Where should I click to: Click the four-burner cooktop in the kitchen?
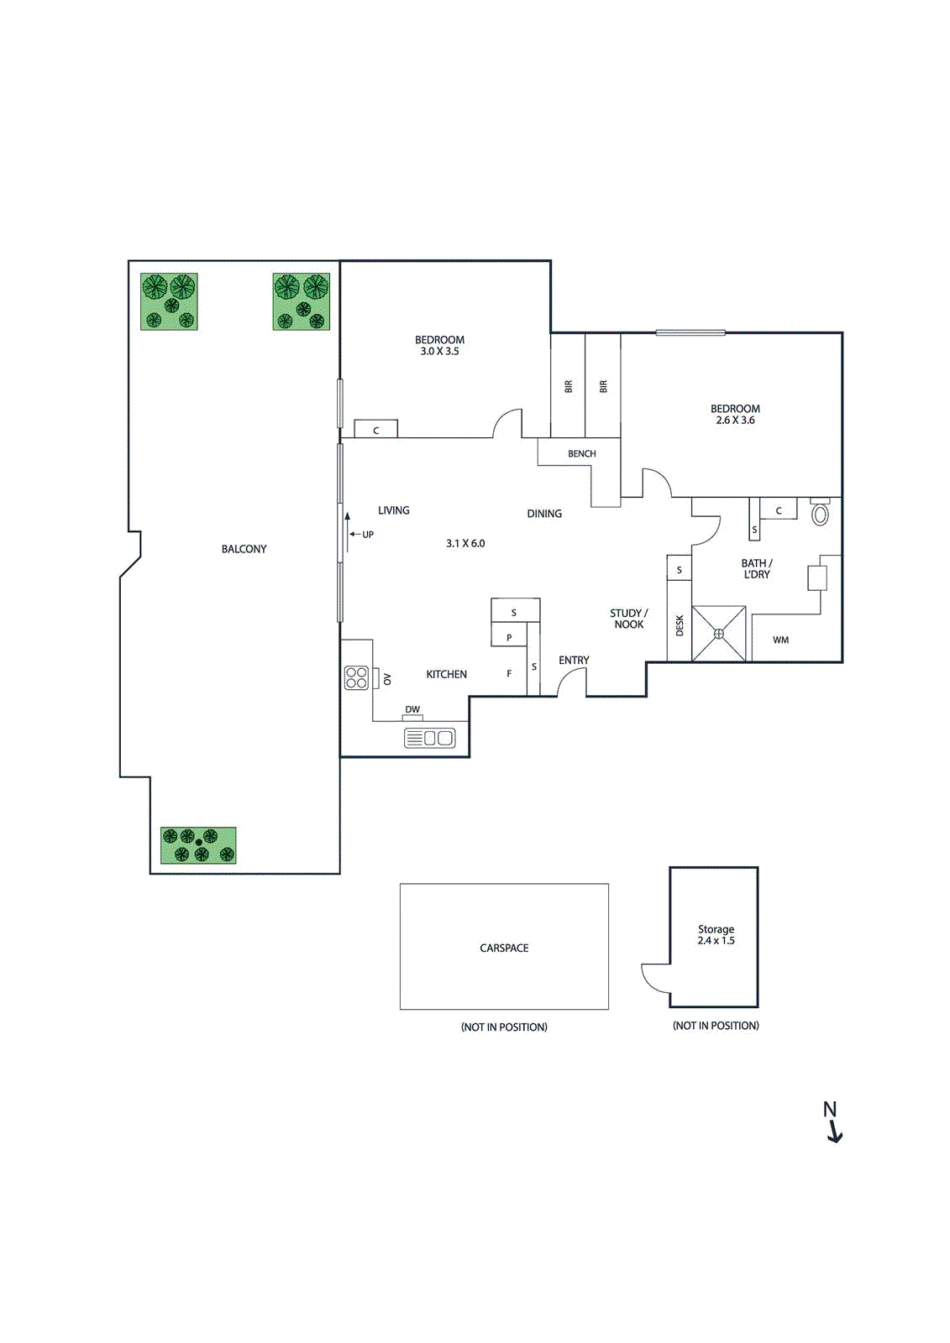click(x=356, y=677)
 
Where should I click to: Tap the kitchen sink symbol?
click(x=429, y=738)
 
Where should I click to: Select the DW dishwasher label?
click(x=412, y=710)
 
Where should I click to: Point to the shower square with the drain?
click(x=719, y=634)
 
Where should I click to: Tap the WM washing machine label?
click(x=781, y=640)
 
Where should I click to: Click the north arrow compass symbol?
click(x=832, y=1122)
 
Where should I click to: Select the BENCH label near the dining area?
click(x=581, y=454)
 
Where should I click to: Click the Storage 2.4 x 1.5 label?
click(x=716, y=935)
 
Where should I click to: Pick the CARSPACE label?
click(x=504, y=948)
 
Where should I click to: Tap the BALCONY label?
click(x=244, y=549)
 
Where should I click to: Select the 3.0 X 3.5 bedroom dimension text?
click(x=439, y=352)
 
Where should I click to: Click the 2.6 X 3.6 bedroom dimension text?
click(x=735, y=421)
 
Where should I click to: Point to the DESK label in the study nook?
click(x=680, y=625)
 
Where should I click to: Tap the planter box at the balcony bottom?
click(x=198, y=845)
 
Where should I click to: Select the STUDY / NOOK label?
click(x=628, y=619)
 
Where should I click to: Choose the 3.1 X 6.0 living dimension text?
click(x=465, y=544)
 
